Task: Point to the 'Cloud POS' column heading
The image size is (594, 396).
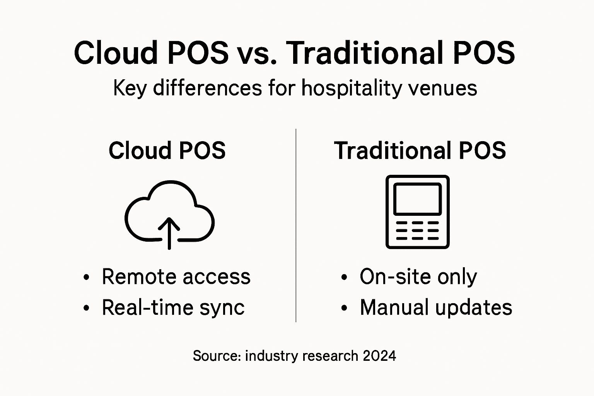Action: (167, 150)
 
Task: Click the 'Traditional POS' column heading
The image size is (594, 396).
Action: (420, 150)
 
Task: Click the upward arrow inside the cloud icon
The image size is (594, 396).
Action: (169, 232)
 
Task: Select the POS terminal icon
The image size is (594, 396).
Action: (418, 212)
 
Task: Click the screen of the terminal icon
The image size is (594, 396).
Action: (418, 199)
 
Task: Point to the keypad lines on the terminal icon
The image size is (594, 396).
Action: (418, 230)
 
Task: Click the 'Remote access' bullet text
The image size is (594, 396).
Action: (176, 277)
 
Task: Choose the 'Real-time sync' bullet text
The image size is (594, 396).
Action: (173, 307)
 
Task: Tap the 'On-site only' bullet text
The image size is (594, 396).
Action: (418, 277)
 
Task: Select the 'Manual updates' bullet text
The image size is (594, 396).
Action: (436, 307)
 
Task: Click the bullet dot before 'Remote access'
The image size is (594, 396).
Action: (87, 277)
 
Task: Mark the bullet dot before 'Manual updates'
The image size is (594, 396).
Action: (344, 308)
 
